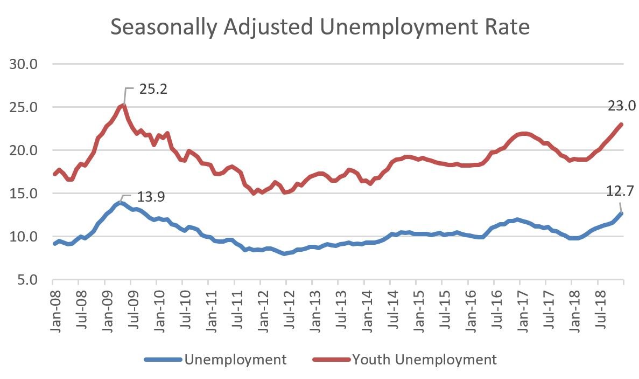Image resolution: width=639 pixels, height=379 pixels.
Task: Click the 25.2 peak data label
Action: pos(153,88)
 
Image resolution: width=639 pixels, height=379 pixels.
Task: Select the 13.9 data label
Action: pos(151,197)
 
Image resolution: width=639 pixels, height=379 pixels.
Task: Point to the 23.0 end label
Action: pos(622,106)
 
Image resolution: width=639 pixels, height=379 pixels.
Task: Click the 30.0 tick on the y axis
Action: pos(23,64)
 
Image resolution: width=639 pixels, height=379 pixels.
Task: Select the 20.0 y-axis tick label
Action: pos(23,150)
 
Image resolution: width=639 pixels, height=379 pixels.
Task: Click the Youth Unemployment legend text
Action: pos(424,360)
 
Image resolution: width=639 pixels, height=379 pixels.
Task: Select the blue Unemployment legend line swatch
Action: pos(163,360)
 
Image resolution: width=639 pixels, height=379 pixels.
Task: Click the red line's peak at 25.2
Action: pos(124,105)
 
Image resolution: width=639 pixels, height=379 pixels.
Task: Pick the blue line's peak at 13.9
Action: pos(120,203)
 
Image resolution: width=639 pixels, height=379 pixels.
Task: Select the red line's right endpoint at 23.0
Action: pos(622,125)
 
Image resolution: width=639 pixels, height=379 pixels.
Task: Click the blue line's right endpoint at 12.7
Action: pos(622,213)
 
